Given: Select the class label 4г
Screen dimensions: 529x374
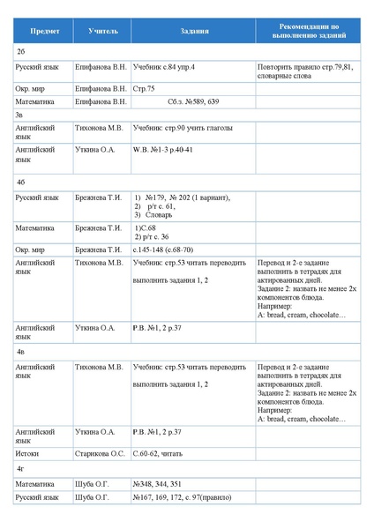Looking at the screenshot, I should tap(20, 468).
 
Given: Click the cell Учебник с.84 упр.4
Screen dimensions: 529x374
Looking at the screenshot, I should tap(164, 67).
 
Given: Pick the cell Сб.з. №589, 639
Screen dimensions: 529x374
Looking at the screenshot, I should tap(192, 101).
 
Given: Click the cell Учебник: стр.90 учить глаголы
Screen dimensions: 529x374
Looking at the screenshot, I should tap(183, 128).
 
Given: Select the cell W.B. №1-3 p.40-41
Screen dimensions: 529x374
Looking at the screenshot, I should tap(162, 149).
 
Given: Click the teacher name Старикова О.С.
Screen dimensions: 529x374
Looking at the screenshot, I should tap(101, 453).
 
